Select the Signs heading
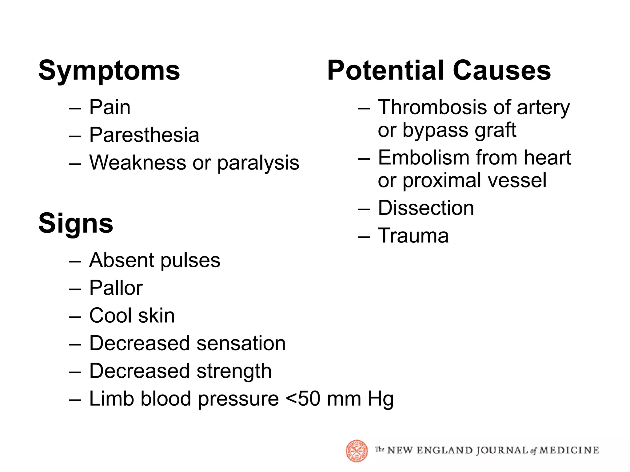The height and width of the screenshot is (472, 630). (x=76, y=223)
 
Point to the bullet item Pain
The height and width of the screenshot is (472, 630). (x=110, y=107)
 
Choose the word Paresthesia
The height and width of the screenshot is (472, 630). (x=144, y=135)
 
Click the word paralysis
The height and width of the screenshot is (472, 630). (x=258, y=163)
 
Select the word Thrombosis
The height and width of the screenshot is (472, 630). (x=433, y=107)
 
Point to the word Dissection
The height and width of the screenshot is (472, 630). (x=426, y=208)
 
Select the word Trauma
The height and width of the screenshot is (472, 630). (x=413, y=236)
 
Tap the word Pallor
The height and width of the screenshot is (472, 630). (x=116, y=288)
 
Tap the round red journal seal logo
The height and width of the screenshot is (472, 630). (x=357, y=451)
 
